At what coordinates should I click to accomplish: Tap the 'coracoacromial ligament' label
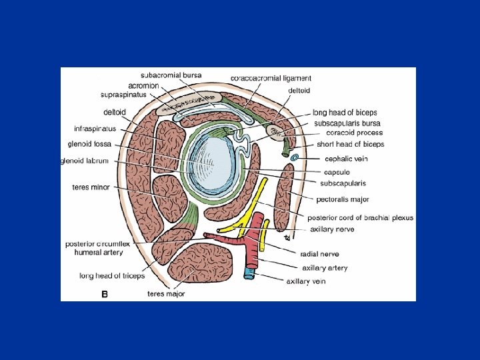(271, 78)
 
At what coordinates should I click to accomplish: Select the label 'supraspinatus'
(123, 95)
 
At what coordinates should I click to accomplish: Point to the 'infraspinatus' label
(95, 127)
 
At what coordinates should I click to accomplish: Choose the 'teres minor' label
(91, 187)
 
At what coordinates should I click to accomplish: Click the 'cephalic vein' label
(346, 159)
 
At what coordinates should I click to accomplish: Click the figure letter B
(104, 292)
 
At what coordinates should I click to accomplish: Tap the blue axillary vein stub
(249, 273)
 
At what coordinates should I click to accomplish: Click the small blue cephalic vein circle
(294, 157)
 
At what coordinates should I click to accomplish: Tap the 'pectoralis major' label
(343, 199)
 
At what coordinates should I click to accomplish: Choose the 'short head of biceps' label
(355, 144)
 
